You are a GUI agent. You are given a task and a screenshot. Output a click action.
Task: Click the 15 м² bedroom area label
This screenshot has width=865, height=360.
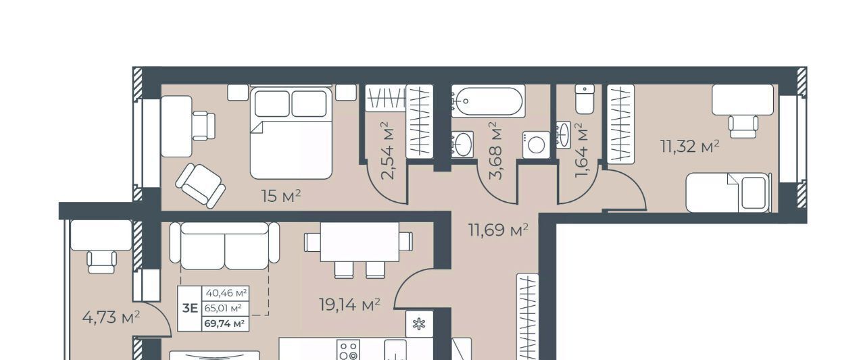(x=280, y=197)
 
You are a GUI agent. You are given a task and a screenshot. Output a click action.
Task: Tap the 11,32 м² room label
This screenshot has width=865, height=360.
(x=690, y=147)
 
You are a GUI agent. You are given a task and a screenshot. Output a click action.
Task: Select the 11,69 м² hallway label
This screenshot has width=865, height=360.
(x=498, y=230)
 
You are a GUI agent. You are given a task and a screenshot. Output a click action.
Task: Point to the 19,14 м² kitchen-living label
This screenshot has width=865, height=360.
(x=349, y=305)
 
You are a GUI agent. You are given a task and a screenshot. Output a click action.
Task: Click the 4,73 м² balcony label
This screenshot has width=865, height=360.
(x=111, y=317)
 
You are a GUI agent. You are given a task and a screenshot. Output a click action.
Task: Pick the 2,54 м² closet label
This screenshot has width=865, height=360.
(x=388, y=151)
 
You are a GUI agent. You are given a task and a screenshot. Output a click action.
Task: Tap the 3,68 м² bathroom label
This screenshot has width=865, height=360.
(x=496, y=151)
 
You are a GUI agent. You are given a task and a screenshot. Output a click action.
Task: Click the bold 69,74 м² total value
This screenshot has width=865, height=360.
(x=224, y=324)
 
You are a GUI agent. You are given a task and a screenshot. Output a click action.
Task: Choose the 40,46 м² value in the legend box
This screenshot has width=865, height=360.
(x=226, y=293)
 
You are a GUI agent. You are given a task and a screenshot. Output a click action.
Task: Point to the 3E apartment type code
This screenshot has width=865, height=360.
(x=190, y=308)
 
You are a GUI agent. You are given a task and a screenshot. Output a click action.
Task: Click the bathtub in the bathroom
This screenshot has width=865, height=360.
(x=488, y=101)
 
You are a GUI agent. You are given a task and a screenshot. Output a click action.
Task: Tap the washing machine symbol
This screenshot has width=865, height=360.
(x=537, y=145)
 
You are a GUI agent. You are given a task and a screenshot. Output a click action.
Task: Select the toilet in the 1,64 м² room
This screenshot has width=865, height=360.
(x=585, y=99)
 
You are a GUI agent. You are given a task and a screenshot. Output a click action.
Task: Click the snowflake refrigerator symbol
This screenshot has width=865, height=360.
(x=419, y=324)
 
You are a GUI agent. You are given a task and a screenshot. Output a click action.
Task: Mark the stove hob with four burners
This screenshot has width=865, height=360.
(x=348, y=350)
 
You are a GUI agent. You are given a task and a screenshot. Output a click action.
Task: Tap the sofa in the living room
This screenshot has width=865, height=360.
(x=224, y=245)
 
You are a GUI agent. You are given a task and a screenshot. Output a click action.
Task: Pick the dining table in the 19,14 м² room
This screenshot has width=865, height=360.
(x=360, y=242)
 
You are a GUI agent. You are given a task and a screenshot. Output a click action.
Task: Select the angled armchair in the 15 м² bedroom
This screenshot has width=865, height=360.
(x=201, y=186)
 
